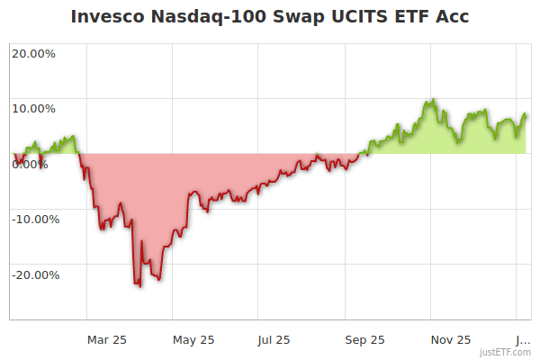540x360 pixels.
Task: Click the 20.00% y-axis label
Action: click(33, 52)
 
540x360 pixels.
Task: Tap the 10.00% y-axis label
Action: click(33, 108)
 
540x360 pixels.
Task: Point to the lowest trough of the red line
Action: click(139, 286)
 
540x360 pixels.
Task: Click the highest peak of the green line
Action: click(434, 99)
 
